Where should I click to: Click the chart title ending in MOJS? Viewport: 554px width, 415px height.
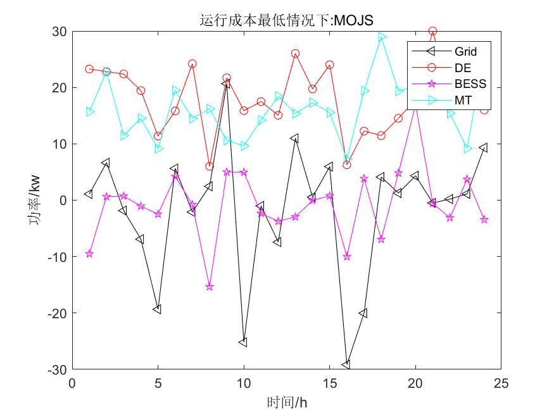(x=286, y=20)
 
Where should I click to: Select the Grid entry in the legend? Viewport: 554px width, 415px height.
(x=465, y=51)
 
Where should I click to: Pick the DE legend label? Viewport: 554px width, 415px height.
(x=462, y=68)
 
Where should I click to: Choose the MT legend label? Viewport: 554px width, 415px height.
(x=462, y=101)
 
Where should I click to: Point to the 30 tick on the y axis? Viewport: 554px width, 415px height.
(x=60, y=31)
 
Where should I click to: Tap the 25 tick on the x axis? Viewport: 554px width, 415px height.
(x=501, y=383)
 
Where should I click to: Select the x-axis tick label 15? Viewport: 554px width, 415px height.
(x=329, y=383)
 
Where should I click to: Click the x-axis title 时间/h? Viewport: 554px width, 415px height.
(x=286, y=401)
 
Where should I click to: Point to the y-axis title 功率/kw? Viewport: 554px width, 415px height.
(x=36, y=200)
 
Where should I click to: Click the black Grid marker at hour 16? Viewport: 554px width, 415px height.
(x=346, y=364)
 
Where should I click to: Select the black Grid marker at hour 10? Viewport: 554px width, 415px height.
(x=243, y=342)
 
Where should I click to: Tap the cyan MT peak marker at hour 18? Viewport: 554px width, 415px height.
(x=381, y=37)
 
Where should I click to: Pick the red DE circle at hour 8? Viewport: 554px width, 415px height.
(x=210, y=166)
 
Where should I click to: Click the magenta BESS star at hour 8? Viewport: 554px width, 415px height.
(x=210, y=287)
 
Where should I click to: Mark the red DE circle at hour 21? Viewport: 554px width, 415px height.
(x=432, y=31)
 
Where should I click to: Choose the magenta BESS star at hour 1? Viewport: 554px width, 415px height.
(x=89, y=254)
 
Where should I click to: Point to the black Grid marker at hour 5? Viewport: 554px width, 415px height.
(x=158, y=309)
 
